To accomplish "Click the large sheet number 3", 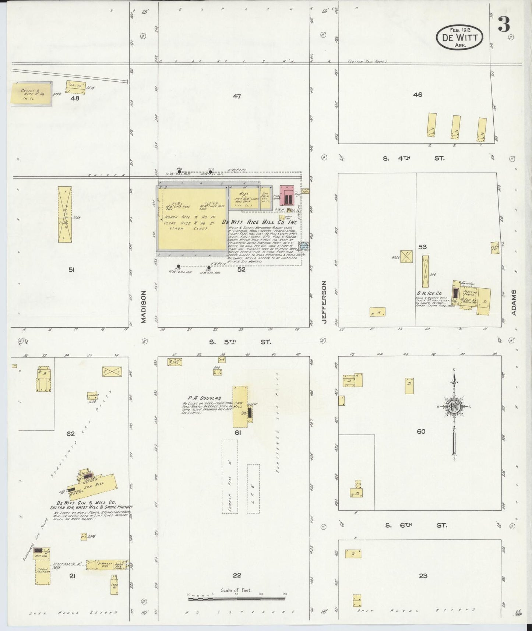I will tap(504, 24).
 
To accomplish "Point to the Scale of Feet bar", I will tap(237, 599).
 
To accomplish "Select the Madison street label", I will tap(144, 307).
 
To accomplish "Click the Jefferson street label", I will tap(324, 302).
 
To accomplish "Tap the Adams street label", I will tap(514, 302).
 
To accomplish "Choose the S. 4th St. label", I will tap(413, 158).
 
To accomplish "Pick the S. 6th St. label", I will tap(416, 525).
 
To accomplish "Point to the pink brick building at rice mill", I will tap(287, 195).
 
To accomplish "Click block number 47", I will tap(237, 96).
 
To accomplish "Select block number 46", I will tap(417, 95).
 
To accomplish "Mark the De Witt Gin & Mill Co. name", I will tap(86, 503).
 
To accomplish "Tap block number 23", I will tap(423, 576).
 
